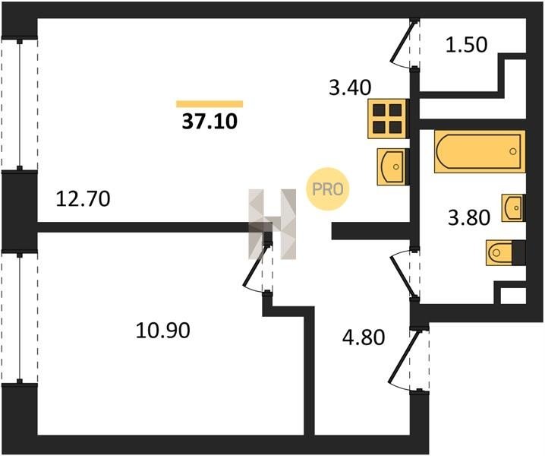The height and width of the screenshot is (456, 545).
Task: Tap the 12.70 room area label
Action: coord(83,200)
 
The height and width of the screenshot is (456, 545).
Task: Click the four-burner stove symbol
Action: coord(387,118)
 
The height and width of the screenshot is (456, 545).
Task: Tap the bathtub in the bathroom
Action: coord(480,150)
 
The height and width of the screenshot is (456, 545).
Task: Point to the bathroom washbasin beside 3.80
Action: coord(513,206)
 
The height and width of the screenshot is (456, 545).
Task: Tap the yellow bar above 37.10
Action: coord(209,103)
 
